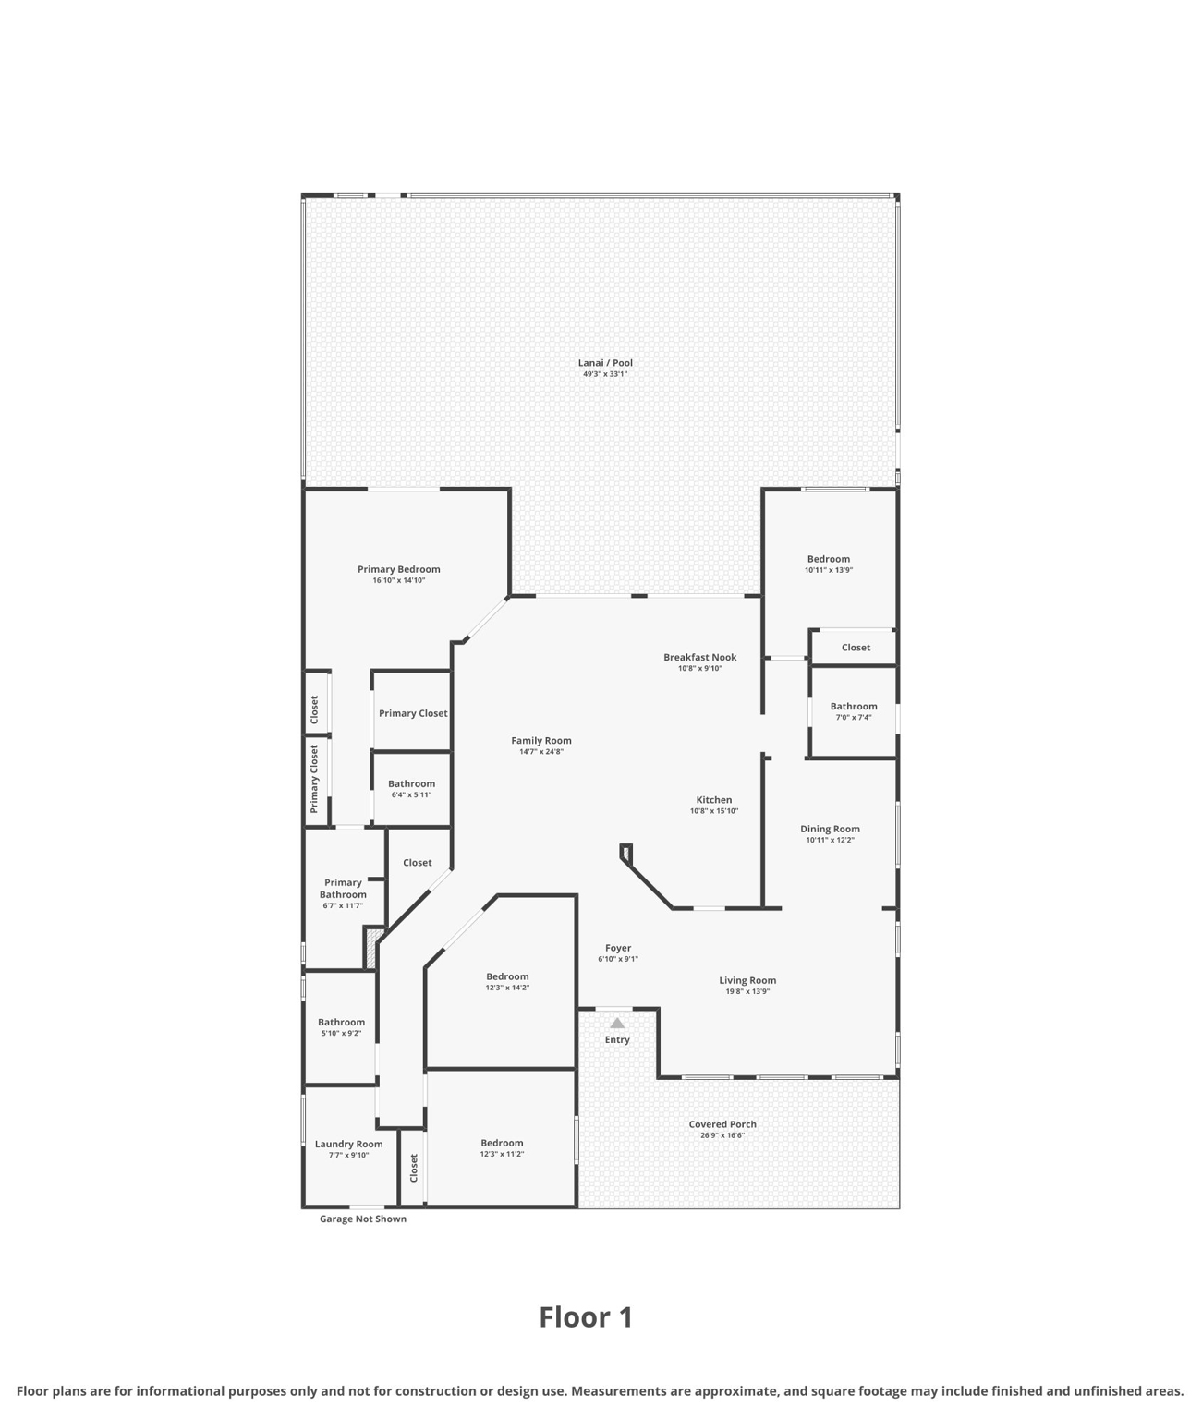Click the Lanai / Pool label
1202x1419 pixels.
605,363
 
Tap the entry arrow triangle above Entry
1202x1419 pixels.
617,1023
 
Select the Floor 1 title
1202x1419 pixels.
586,1316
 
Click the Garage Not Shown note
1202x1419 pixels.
363,1219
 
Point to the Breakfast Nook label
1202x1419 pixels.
699,657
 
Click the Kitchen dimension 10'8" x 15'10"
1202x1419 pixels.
714,811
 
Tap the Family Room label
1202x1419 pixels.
541,740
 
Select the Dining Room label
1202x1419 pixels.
830,829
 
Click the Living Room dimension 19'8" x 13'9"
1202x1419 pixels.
747,991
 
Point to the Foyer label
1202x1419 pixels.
618,948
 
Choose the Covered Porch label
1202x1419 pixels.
722,1124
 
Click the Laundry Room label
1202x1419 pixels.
348,1144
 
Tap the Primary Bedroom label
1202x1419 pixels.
399,569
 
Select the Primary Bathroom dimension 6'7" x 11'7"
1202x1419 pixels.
343,905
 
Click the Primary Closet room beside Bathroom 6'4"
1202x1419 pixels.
413,713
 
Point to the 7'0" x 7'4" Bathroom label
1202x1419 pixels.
854,707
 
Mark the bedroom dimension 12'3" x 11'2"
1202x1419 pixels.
502,1154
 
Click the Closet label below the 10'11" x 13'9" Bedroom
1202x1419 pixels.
856,648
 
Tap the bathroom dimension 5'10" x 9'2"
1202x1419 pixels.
342,1033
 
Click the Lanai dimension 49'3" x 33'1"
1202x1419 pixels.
605,374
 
